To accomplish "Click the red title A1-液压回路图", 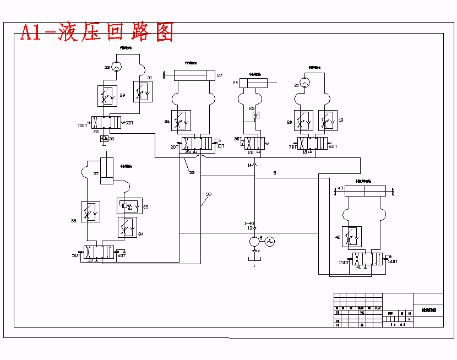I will coord(96,32).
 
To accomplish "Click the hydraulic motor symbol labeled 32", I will coord(116,67).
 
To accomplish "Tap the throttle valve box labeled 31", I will coord(143,92).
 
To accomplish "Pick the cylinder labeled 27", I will coord(193,75).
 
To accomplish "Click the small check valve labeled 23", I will coord(255,116).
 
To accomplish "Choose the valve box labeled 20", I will coord(303,121).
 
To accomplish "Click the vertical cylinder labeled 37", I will coord(107,171).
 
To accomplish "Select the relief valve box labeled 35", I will coord(129,206).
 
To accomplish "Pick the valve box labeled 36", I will coord(91,212).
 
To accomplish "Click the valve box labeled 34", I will coord(127,227).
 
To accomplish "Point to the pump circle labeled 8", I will coord(254,241).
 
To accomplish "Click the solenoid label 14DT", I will coord(392,261).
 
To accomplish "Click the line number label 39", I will coord(209,194).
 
